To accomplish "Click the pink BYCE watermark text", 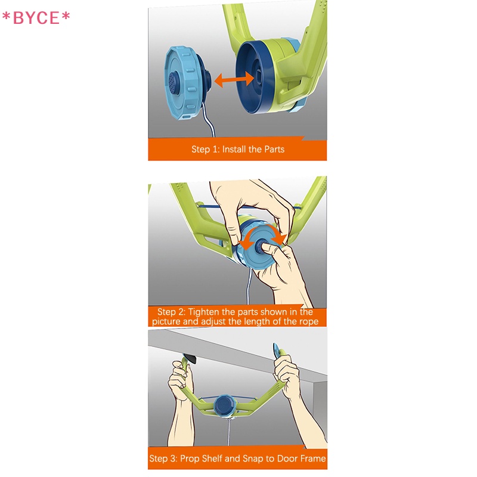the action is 36,18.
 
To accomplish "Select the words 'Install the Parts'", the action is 253,150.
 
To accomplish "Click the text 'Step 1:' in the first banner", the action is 205,150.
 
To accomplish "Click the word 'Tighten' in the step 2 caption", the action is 204,312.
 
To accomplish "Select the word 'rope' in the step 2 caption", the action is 308,322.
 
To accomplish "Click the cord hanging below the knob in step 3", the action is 228,432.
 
